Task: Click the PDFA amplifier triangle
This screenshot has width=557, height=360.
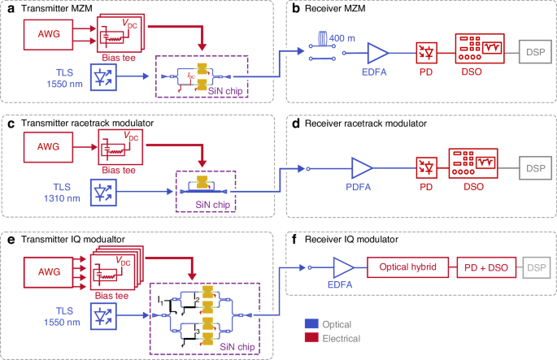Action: pos(360,169)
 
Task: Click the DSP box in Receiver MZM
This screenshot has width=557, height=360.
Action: pos(535,52)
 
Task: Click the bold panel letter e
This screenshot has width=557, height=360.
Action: pos(9,241)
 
